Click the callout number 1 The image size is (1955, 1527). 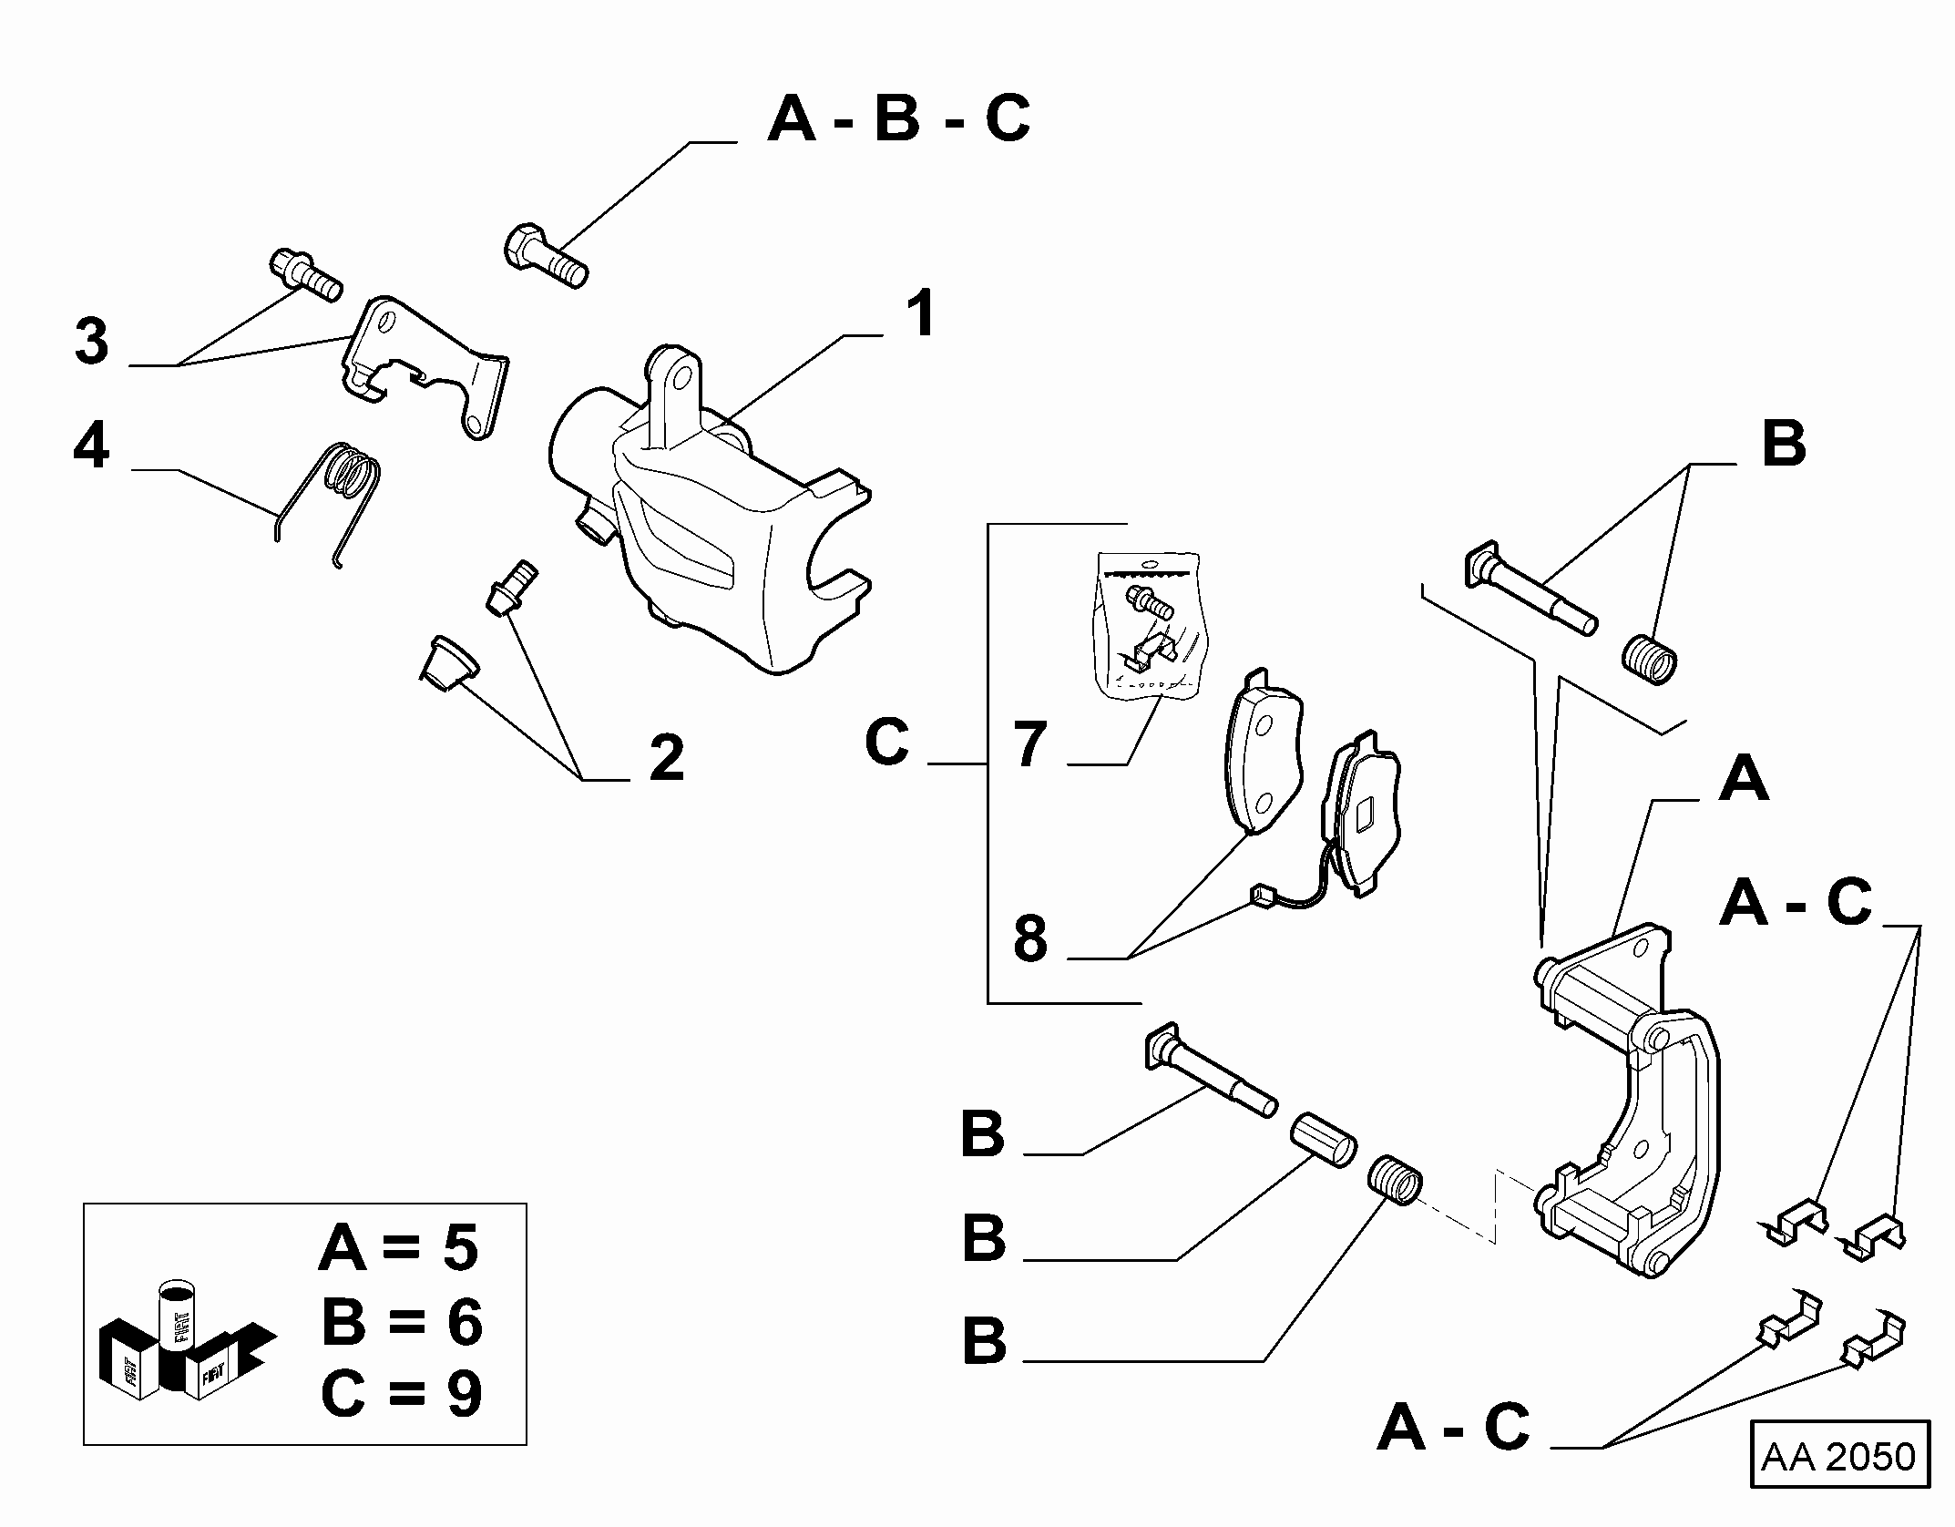tap(923, 315)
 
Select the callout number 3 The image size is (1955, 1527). tap(92, 343)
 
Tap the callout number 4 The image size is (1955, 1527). tap(92, 447)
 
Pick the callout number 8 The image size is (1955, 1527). tap(1030, 939)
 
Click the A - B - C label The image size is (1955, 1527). tap(899, 119)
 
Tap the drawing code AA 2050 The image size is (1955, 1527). tap(1839, 1457)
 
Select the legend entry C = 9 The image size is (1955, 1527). tap(401, 1393)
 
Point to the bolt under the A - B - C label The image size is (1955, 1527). tap(545, 255)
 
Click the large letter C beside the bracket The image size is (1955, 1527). tap(886, 743)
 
